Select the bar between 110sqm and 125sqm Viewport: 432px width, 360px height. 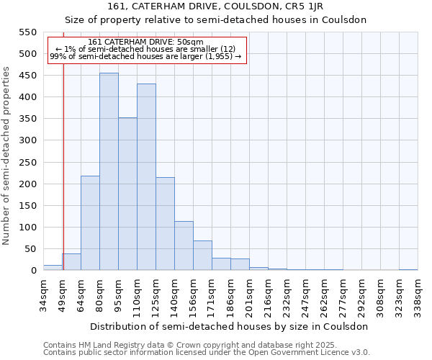point(146,177)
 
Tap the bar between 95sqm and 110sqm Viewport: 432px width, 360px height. point(127,194)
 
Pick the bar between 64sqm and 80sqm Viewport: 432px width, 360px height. point(90,222)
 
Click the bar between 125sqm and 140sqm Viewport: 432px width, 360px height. point(165,223)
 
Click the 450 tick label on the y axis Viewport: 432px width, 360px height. point(28,76)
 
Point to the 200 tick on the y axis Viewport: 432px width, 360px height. point(28,184)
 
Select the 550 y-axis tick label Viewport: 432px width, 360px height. point(28,32)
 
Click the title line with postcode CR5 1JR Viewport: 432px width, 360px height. point(216,7)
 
